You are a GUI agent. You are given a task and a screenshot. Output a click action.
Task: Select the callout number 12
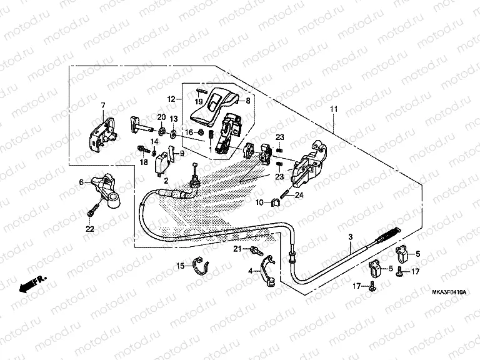coord(170,99)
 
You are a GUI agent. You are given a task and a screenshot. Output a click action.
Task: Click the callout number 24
coord(299,195)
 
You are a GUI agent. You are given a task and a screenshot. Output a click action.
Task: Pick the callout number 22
coord(90,229)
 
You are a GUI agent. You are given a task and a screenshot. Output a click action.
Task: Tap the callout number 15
coord(179,266)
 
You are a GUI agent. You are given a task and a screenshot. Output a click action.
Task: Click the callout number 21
coord(237,250)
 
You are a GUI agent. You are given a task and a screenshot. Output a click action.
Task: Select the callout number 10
coord(257,202)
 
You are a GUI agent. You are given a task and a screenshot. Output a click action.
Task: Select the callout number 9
coord(182,153)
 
